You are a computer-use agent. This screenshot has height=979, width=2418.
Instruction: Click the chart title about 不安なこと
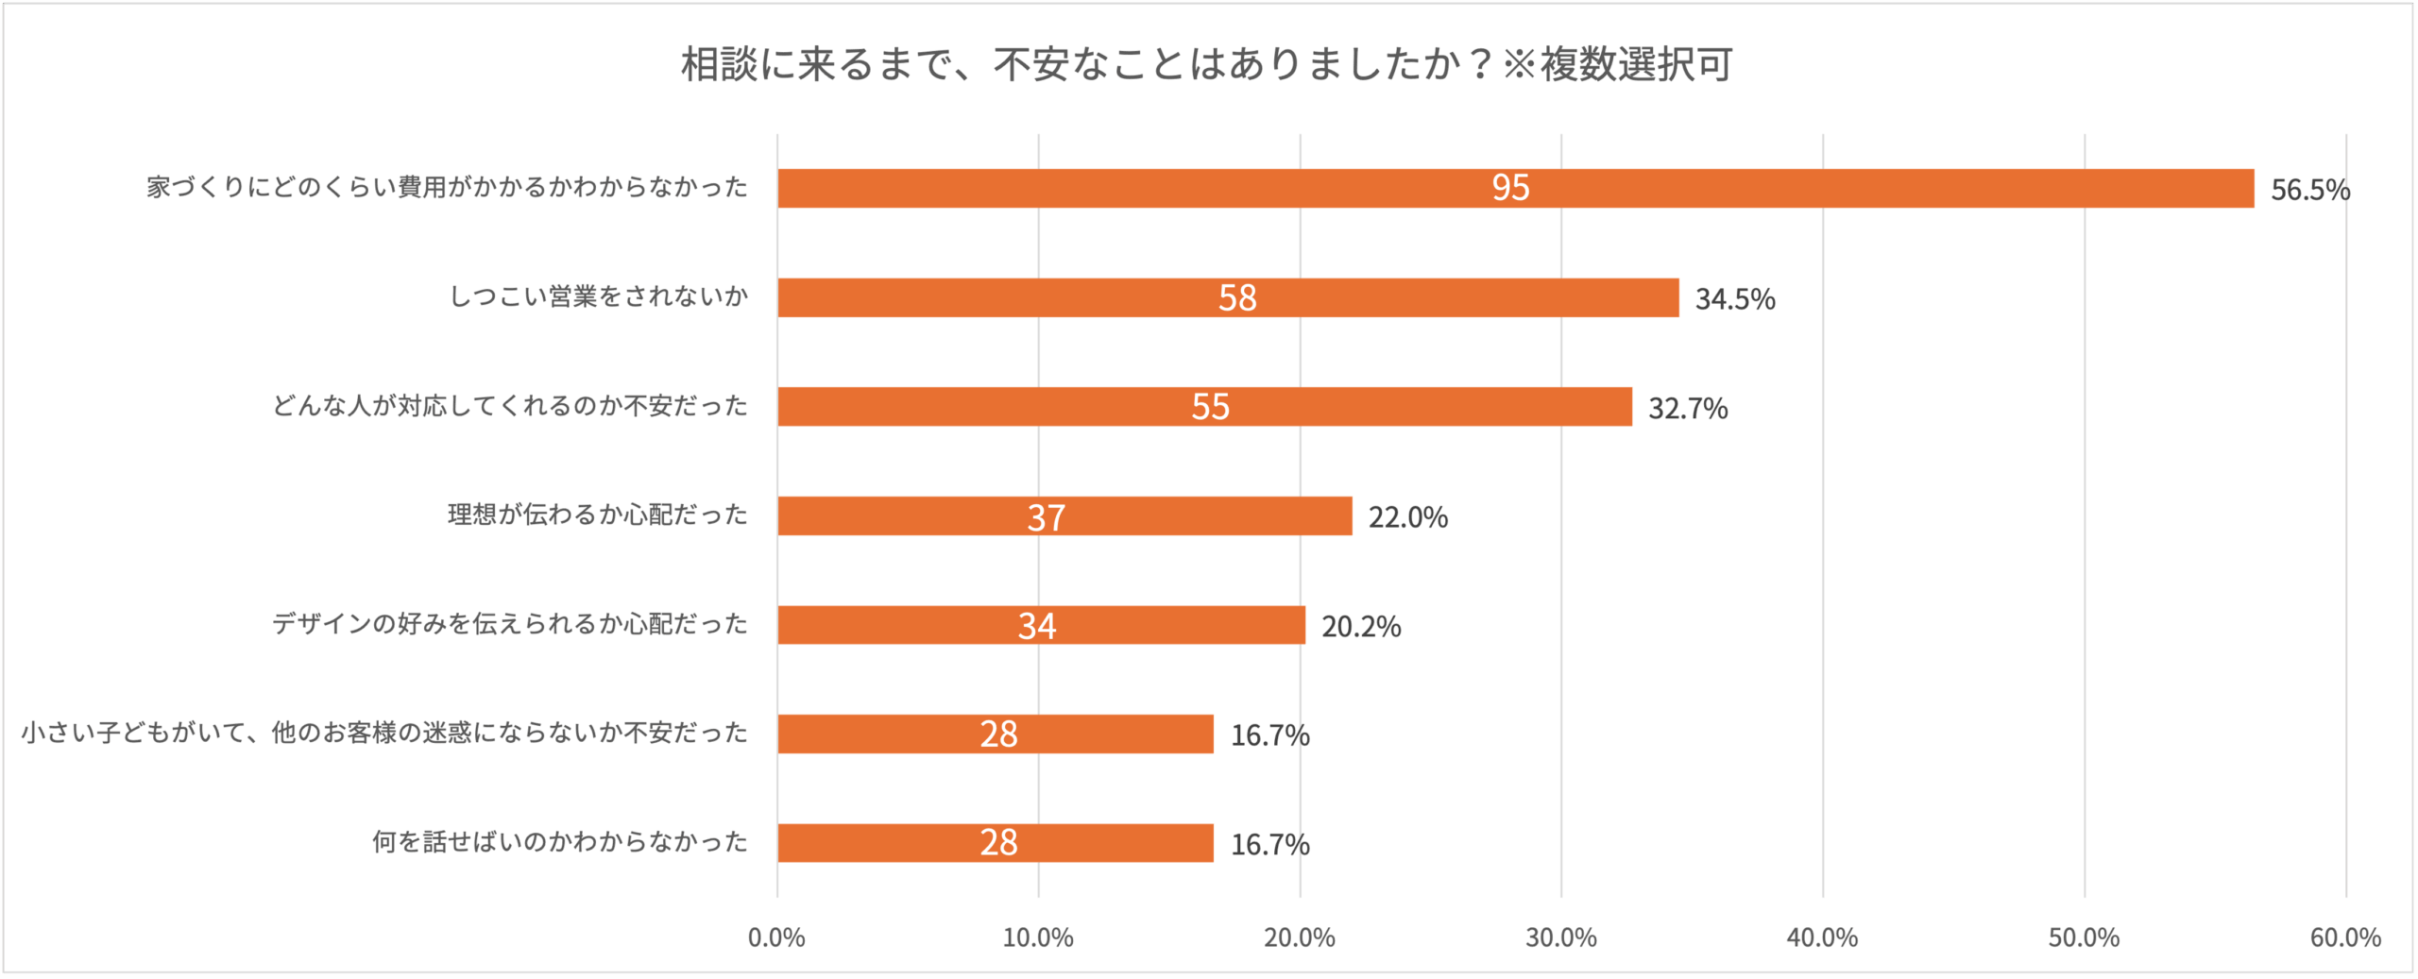(1206, 64)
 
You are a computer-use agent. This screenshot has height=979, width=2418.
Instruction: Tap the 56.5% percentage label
(2309, 190)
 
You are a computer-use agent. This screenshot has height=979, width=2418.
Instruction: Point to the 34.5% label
(1734, 299)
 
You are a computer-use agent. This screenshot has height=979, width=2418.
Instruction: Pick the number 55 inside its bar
(1210, 407)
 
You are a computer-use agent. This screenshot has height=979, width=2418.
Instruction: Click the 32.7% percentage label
(1687, 408)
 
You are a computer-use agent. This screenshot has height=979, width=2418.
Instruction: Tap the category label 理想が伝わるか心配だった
(597, 515)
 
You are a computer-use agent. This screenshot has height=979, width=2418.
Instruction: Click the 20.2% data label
(1360, 626)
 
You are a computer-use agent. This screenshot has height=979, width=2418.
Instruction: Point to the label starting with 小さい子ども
(384, 733)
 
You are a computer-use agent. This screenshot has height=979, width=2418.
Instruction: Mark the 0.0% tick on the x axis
(776, 937)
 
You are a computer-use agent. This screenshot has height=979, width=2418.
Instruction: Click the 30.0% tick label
(1560, 937)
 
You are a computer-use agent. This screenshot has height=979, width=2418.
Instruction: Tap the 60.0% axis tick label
(2344, 937)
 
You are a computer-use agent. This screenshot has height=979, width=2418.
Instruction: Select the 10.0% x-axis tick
(1037, 937)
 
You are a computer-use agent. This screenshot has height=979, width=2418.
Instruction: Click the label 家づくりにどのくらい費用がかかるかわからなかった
(447, 187)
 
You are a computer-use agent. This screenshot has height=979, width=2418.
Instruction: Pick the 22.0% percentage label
(1407, 517)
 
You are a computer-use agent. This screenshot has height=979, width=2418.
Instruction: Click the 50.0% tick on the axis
(2083, 937)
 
